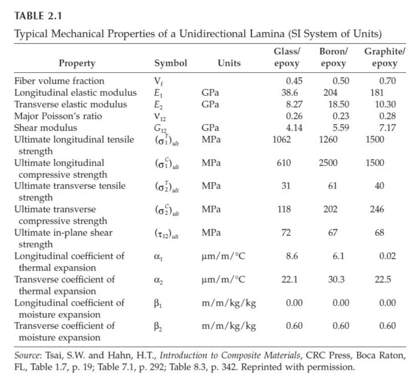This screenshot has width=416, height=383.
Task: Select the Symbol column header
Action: pyautogui.click(x=171, y=63)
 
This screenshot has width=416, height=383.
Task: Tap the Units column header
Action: pyautogui.click(x=229, y=63)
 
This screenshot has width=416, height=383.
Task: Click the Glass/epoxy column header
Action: pyautogui.click(x=287, y=58)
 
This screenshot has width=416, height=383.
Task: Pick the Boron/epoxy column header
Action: pyautogui.click(x=333, y=58)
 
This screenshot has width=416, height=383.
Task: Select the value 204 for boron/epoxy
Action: pyautogui.click(x=330, y=93)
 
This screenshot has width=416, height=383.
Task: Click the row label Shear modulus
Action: pyautogui.click(x=45, y=128)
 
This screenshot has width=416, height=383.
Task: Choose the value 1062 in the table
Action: pyautogui.click(x=282, y=140)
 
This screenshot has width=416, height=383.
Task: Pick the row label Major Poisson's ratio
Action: pyautogui.click(x=58, y=116)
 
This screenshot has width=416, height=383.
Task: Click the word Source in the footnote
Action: pyautogui.click(x=26, y=355)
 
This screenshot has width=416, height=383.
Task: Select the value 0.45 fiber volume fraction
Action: pyautogui.click(x=294, y=81)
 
